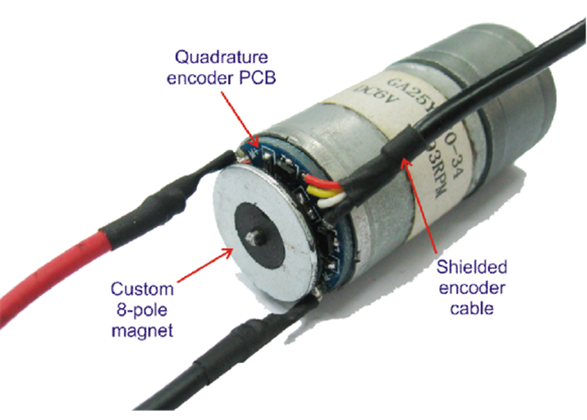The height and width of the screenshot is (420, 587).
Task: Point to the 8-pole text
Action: (143, 310)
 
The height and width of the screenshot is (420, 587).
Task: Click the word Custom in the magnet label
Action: (143, 290)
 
